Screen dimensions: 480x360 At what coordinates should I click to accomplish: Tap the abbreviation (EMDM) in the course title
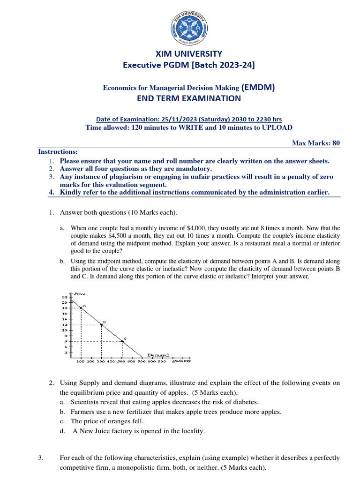(x=258, y=87)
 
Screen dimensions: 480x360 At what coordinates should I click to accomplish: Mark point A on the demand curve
(x=81, y=308)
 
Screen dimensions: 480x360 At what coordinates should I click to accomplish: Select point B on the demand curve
(x=101, y=324)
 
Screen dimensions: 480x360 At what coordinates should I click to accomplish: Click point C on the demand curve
(x=122, y=341)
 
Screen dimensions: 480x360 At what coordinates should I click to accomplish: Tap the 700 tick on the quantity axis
(x=142, y=361)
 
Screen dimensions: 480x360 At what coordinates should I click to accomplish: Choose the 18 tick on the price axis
(x=65, y=308)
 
